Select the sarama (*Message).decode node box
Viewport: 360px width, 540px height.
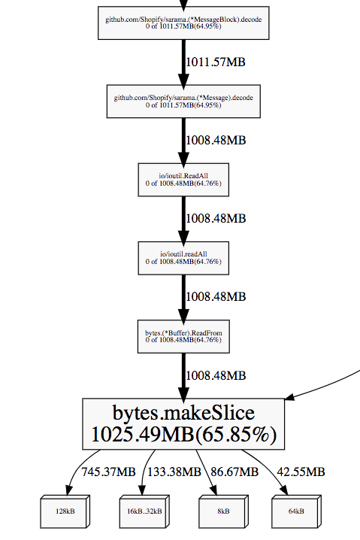pos(183,101)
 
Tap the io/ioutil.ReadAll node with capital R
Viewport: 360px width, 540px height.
pos(183,178)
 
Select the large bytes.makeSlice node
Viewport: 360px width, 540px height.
pos(183,423)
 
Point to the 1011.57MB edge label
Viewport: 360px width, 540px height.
pos(216,62)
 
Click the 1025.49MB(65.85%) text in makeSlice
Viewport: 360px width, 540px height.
pos(183,435)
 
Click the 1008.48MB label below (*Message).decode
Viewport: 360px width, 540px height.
pos(216,139)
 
